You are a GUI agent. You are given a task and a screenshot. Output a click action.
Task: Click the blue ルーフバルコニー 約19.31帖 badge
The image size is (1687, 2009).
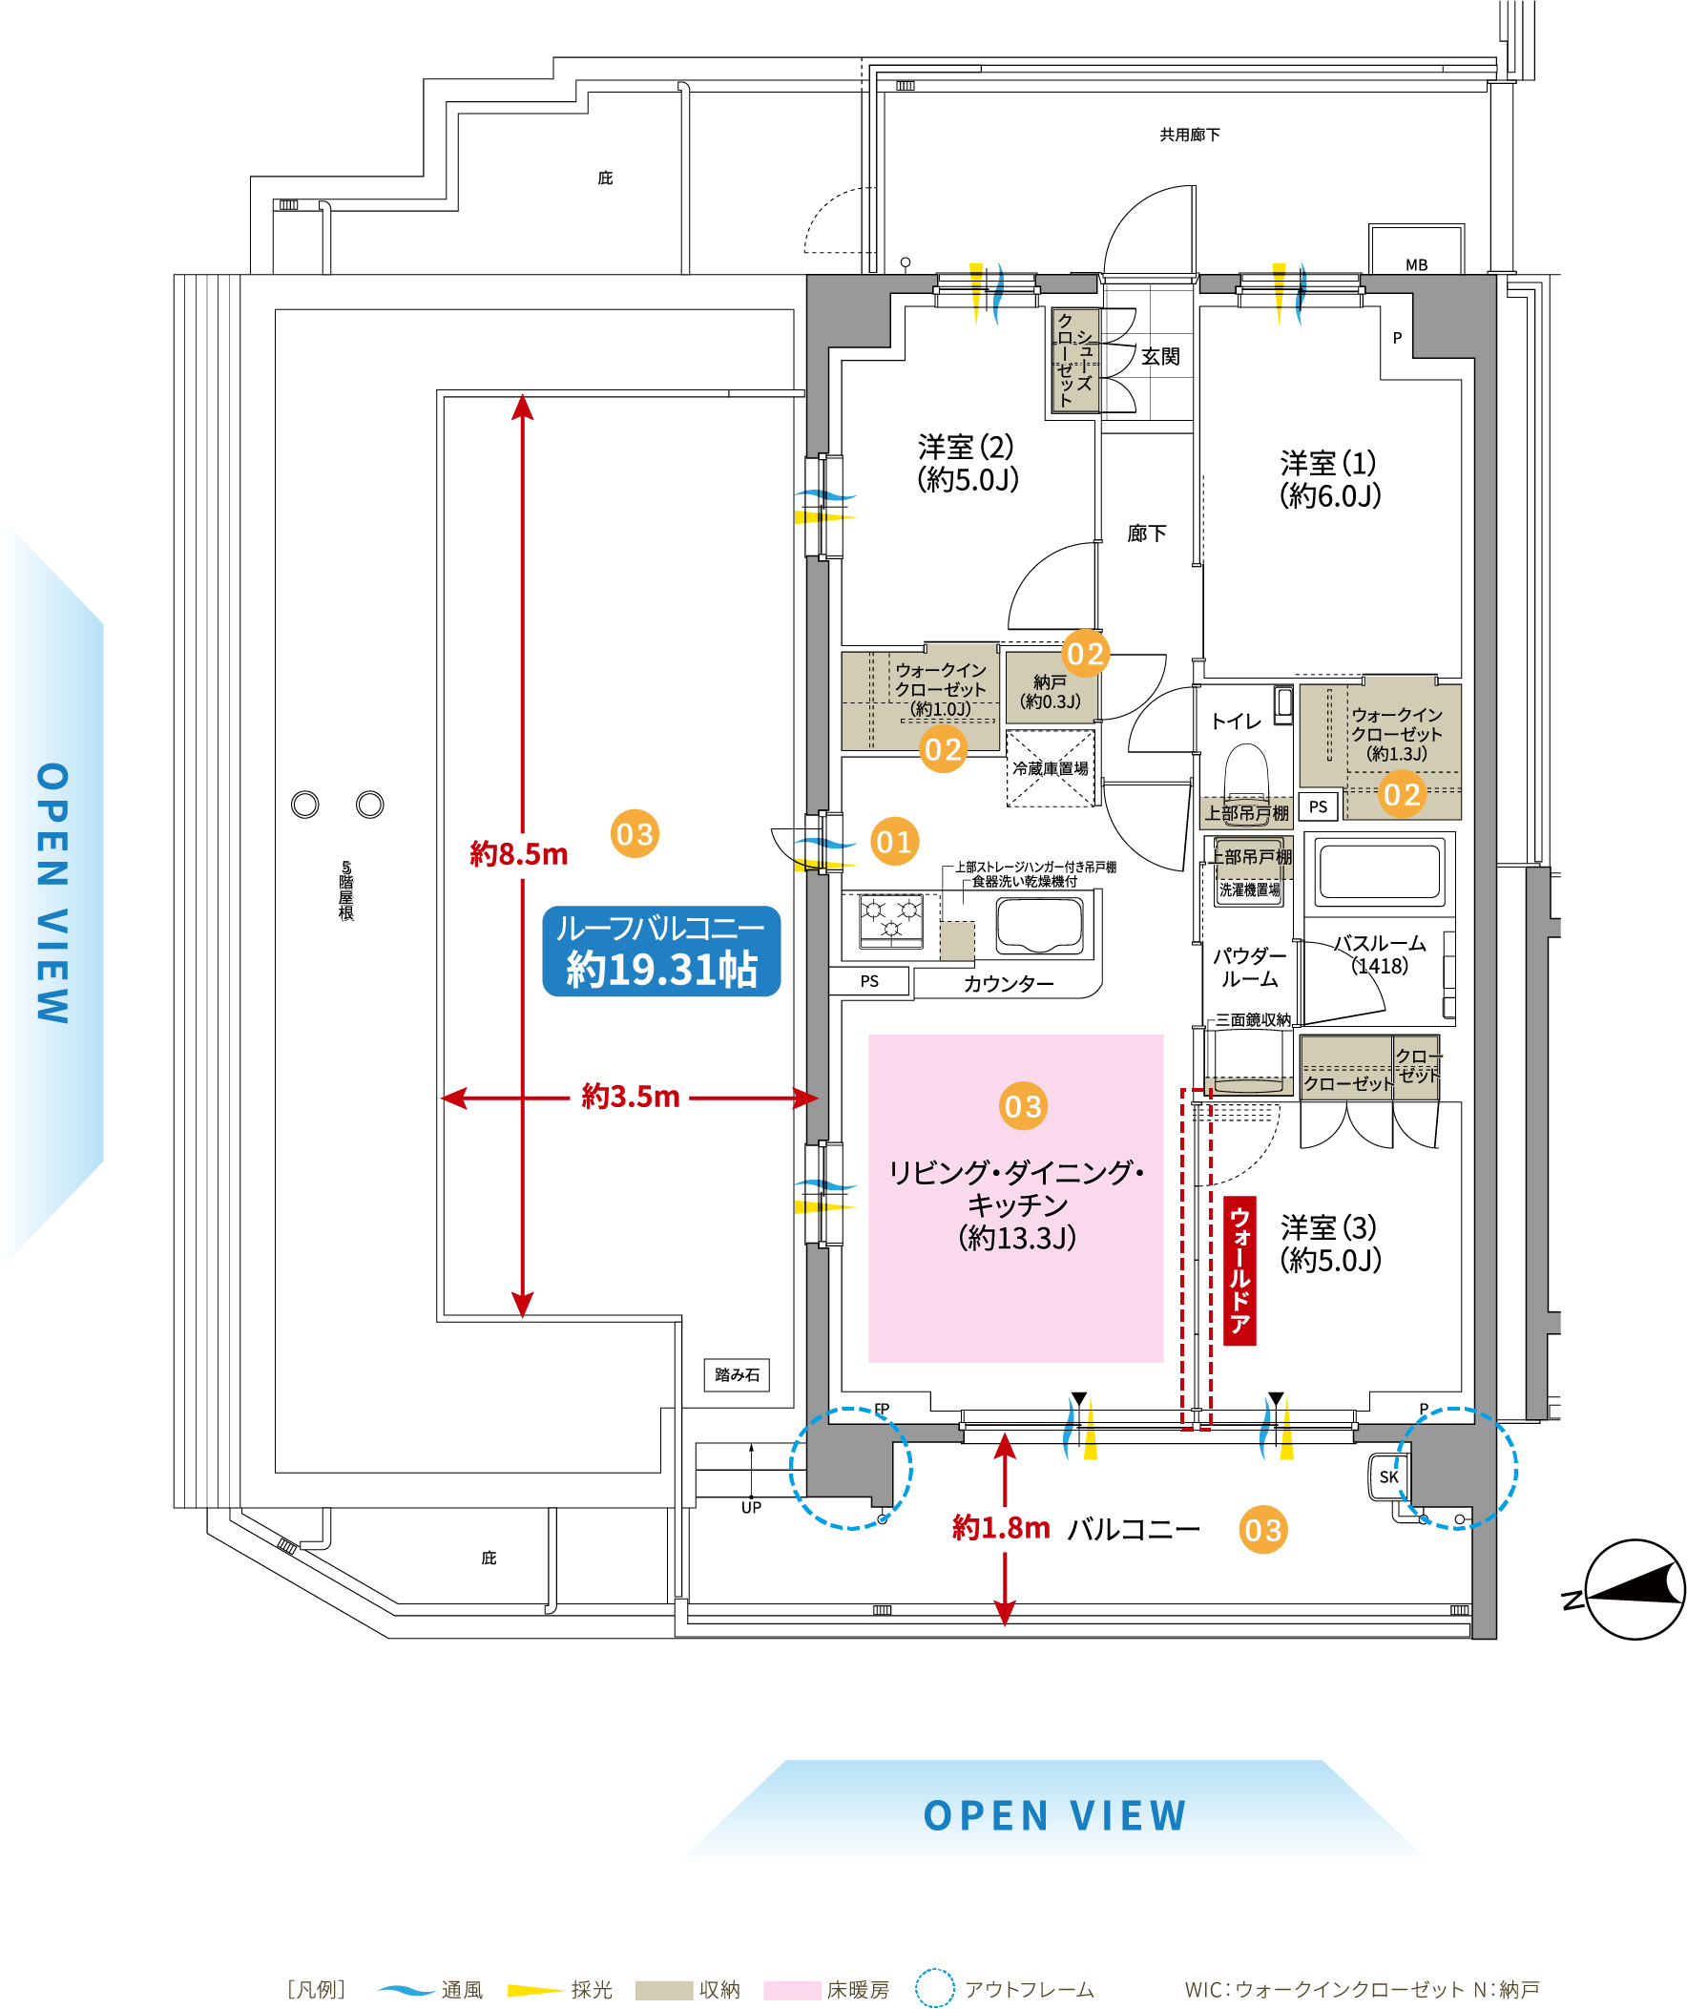tap(661, 951)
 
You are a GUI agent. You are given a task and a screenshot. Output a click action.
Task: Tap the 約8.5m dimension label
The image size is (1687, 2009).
tap(518, 853)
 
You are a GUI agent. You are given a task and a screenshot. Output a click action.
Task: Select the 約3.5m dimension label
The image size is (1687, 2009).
tap(630, 1097)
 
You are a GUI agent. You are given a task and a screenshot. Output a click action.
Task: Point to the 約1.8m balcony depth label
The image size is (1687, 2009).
tap(1000, 1528)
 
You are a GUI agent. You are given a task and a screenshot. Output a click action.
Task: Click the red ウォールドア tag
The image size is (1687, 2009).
tap(1239, 1270)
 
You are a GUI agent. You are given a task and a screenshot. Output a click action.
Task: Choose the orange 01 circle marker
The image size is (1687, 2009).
tap(894, 842)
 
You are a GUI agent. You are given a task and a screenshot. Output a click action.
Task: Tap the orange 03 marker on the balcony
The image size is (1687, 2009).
tap(1262, 1530)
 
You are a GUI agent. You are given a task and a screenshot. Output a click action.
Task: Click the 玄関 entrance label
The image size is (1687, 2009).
tap(1160, 357)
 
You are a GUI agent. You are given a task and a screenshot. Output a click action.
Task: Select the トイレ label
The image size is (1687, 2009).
tap(1236, 722)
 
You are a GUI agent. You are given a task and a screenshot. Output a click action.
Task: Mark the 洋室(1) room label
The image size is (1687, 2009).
tap(1330, 479)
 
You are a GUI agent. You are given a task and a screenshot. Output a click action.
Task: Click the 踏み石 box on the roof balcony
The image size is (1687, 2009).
tap(737, 1374)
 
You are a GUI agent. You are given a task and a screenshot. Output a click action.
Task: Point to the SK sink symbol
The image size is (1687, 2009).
tap(1388, 1477)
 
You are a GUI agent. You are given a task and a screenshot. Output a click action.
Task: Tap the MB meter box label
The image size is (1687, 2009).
tap(1416, 265)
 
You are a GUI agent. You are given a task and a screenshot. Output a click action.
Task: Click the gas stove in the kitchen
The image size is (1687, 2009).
tap(891, 920)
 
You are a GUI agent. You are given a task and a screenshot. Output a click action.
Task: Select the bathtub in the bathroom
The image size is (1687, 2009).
tap(1379, 870)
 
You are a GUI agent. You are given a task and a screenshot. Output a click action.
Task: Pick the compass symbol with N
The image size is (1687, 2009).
tap(1634, 1589)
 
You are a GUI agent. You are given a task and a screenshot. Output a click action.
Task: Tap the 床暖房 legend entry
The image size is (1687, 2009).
tap(857, 1990)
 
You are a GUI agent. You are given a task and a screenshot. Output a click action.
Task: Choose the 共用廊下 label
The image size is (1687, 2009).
tap(1190, 135)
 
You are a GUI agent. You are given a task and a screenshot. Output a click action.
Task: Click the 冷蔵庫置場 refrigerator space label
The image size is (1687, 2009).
tap(1050, 768)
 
